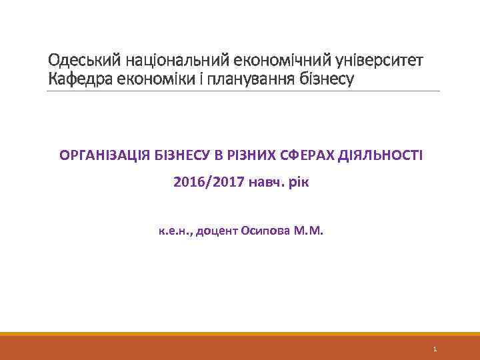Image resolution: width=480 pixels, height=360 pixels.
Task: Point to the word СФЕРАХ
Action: tap(307, 156)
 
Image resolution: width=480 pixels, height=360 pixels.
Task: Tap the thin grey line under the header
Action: tap(243, 91)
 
